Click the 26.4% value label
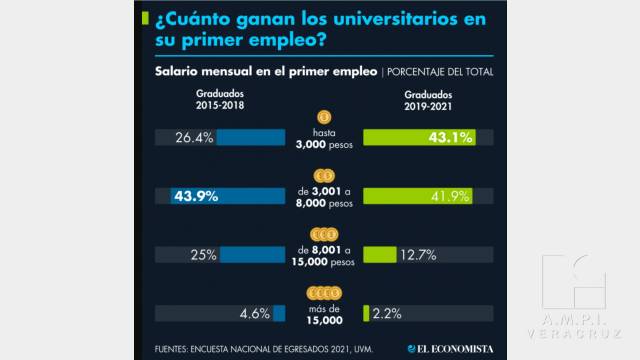pos(194,138)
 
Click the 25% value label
pos(203,254)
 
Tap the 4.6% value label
pos(254,313)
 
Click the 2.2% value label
pos(387,313)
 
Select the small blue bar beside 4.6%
pos(279,313)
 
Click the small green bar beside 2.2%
pos(365,313)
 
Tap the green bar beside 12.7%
pos(379,254)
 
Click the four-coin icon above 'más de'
pos(323,293)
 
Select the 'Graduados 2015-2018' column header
pos(220,99)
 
